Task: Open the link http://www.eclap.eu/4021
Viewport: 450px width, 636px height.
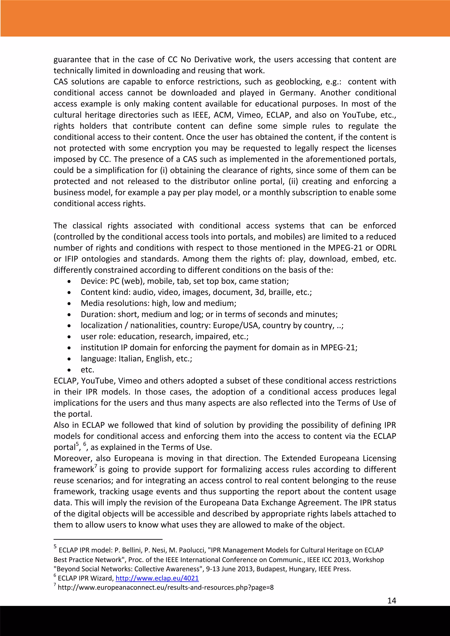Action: pyautogui.click(x=157, y=578)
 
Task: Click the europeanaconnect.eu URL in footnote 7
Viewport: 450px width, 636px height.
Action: pyautogui.click(x=166, y=587)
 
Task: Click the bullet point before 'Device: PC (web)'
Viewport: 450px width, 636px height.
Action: pyautogui.click(x=69, y=281)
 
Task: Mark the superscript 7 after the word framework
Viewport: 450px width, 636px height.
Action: pyautogui.click(x=96, y=466)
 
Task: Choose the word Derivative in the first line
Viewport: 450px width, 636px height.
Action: pyautogui.click(x=212, y=60)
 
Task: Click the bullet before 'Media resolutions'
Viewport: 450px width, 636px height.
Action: pyautogui.click(x=69, y=304)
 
